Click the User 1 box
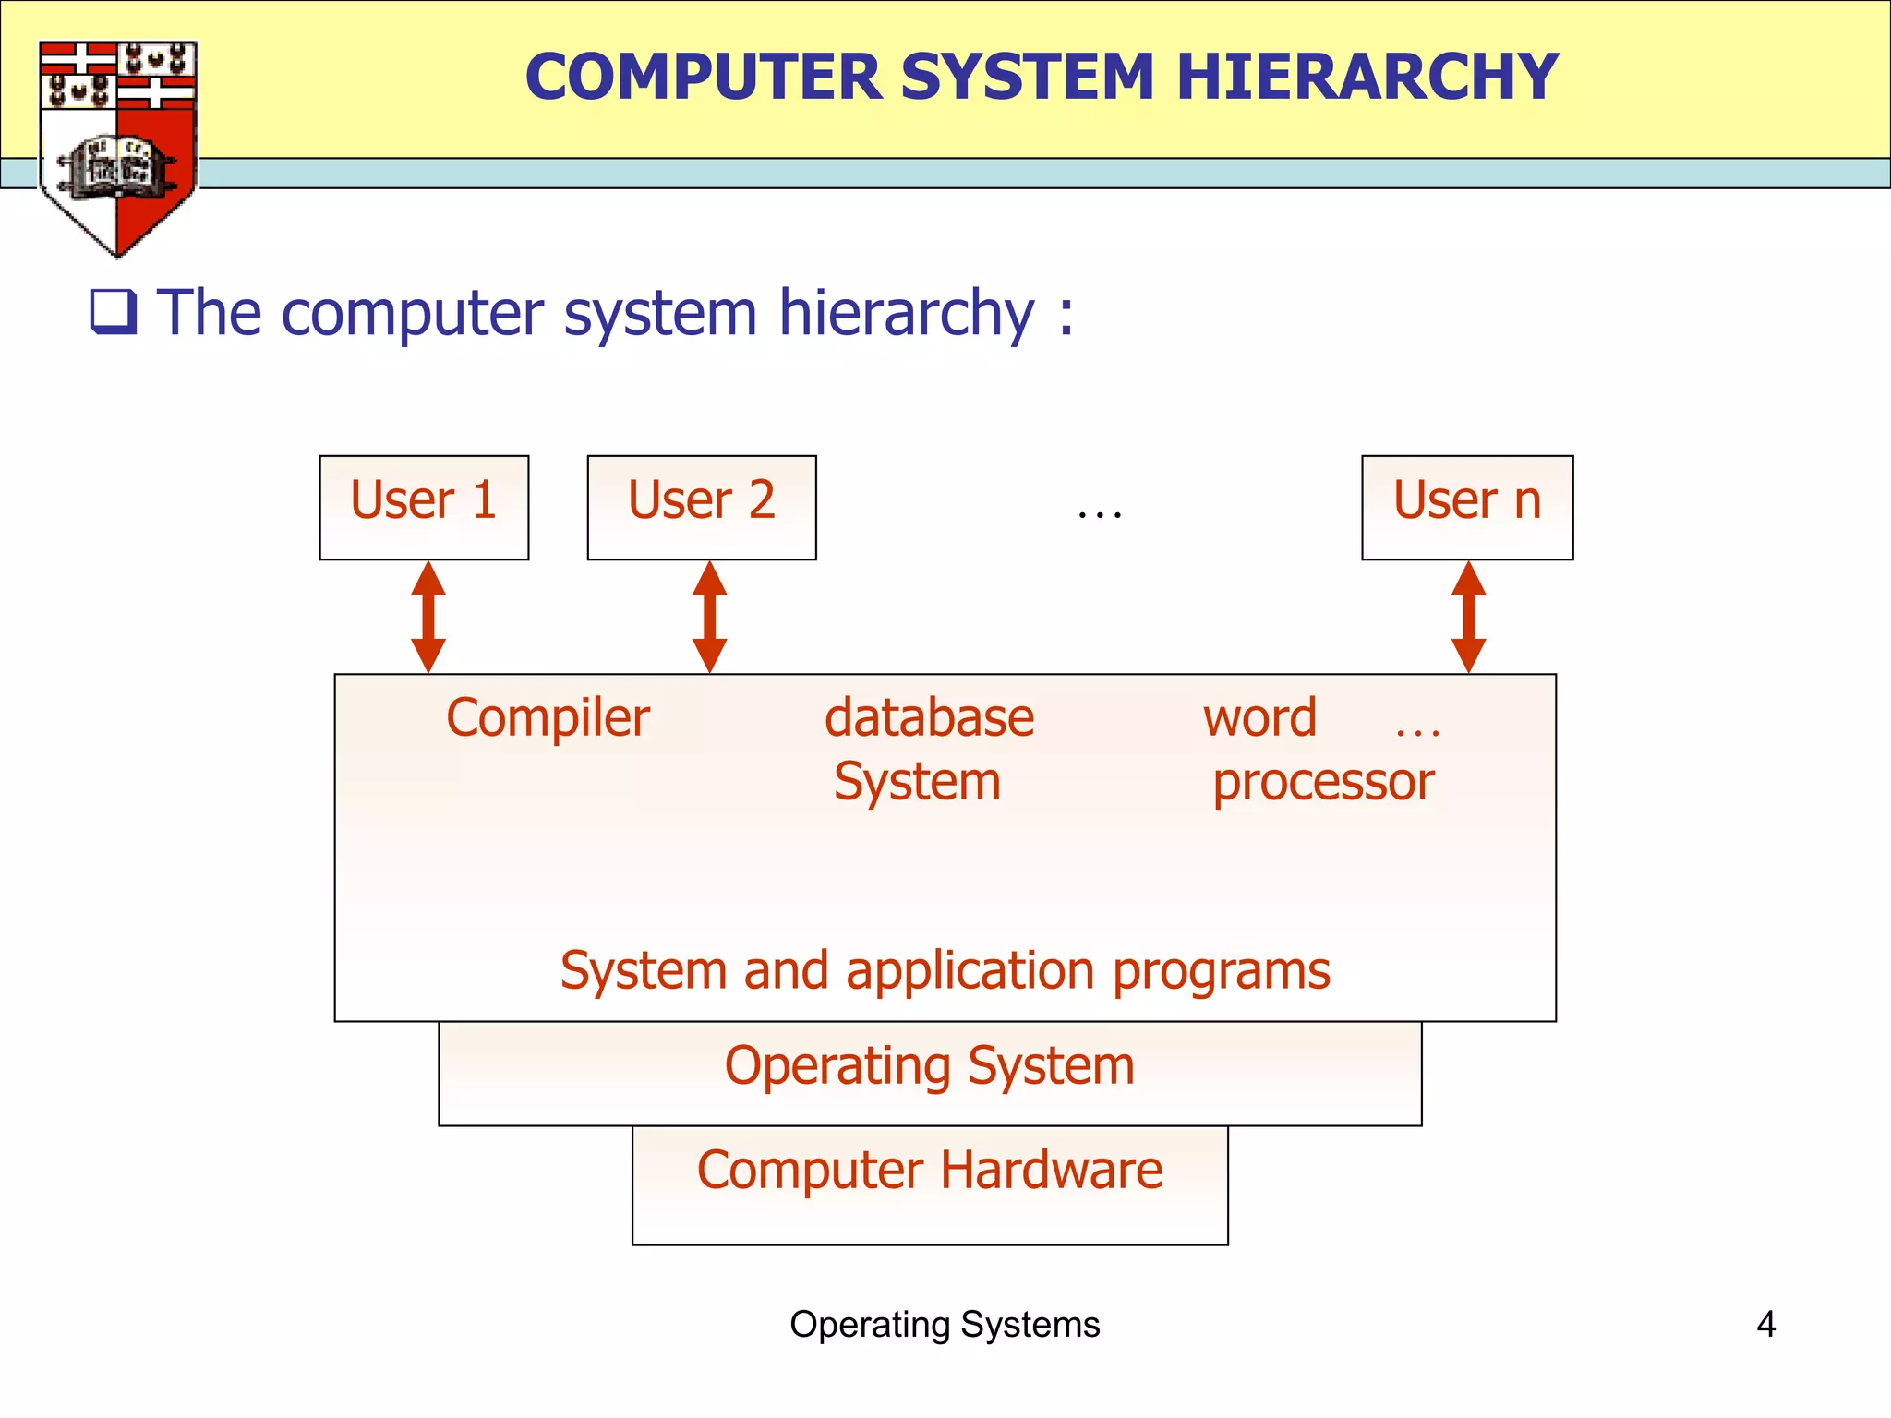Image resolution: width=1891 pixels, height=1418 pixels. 424,507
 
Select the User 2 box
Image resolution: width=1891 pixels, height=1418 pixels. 702,507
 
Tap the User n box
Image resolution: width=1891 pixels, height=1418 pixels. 1467,507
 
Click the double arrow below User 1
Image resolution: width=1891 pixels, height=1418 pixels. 428,617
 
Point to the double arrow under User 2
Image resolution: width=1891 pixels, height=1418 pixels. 709,617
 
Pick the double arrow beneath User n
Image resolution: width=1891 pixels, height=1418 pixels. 1468,617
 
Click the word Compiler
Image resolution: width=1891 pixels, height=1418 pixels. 548,718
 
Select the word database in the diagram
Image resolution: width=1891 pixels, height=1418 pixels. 929,718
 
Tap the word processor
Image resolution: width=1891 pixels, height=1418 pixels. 1323,783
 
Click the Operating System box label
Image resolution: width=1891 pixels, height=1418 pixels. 930,1065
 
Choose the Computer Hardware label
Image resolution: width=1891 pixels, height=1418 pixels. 930,1170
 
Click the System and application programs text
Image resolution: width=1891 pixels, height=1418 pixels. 945,970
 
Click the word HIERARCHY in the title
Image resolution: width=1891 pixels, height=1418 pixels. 1367,77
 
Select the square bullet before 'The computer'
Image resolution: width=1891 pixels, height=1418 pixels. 114,311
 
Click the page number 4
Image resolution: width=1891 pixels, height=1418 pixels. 1765,1325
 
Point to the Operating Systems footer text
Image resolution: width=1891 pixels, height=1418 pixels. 945,1325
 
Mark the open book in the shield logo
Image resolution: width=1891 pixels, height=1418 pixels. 116,167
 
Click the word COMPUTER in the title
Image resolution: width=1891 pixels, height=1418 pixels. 703,77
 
